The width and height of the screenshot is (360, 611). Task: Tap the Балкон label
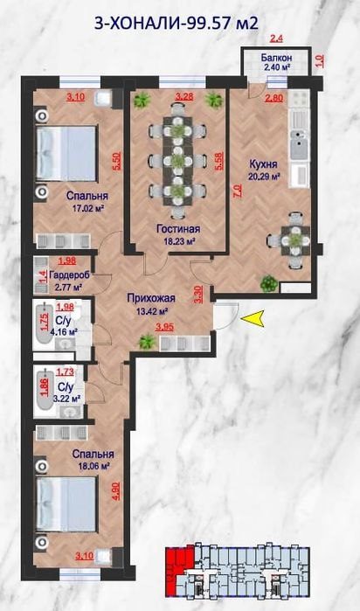[277, 58]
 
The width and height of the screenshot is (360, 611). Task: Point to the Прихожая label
[151, 298]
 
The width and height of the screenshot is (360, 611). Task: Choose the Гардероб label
[70, 275]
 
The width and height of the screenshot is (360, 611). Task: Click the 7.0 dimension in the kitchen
[237, 192]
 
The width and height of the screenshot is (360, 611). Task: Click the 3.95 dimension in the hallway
[164, 328]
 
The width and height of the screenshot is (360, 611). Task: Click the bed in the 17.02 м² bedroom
[66, 153]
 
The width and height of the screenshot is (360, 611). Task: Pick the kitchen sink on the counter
[299, 145]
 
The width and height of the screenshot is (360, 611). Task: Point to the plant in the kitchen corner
[268, 283]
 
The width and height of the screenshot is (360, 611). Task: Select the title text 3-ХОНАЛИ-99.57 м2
[177, 23]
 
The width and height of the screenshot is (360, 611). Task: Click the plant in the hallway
[147, 342]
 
